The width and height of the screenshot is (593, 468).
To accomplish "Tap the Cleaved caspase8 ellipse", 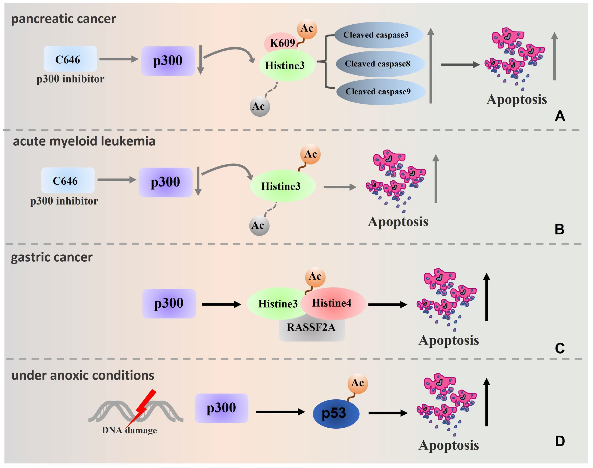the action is click(x=380, y=64).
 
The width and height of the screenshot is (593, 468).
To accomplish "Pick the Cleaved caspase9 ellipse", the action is click(x=381, y=91).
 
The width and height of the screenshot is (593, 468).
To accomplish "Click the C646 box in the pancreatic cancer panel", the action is click(x=70, y=59).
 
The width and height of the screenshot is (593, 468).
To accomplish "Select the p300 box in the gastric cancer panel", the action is click(x=169, y=304).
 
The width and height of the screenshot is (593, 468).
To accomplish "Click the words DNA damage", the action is click(x=129, y=430).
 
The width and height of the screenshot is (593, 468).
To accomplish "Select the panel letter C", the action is click(x=560, y=348).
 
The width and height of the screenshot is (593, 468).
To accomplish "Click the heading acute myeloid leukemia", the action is click(x=84, y=141).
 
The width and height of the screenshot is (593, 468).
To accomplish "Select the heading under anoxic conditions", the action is click(x=83, y=375).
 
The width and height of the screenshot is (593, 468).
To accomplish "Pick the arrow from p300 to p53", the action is click(x=281, y=412).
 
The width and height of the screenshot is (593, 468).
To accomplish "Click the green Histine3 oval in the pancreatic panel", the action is click(x=287, y=65).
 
